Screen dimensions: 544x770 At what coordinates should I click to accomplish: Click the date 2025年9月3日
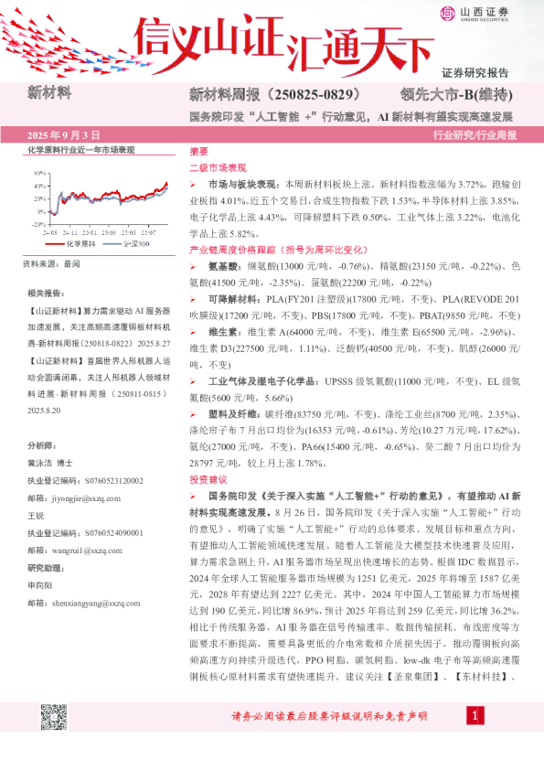point(65,134)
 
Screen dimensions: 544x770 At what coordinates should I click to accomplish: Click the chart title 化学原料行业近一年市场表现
point(80,149)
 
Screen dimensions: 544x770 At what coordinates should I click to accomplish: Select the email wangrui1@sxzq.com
point(81,552)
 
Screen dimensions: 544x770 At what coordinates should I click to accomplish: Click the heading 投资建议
point(204,479)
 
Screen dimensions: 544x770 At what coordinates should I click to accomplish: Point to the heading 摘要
point(197,152)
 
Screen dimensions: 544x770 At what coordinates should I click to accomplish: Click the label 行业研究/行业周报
point(474,134)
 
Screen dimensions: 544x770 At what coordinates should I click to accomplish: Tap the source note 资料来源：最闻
point(50,263)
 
